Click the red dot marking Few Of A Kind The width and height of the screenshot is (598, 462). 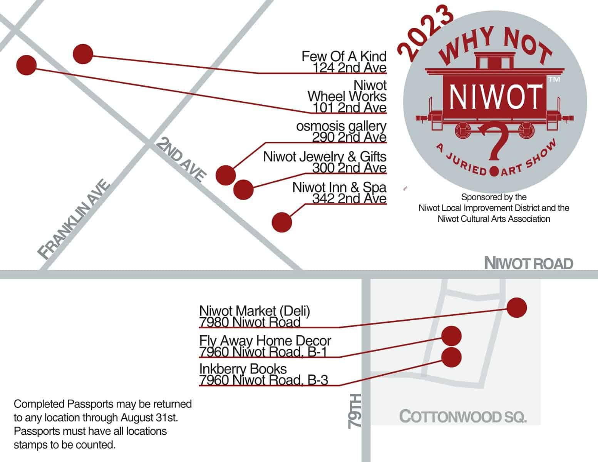tap(83, 54)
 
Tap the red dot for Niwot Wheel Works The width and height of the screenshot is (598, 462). tap(27, 65)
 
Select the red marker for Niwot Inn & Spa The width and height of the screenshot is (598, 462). tap(281, 222)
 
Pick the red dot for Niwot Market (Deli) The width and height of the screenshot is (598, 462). tap(516, 308)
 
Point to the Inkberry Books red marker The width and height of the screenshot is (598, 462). tap(451, 357)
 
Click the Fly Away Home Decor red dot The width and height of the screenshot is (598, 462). tap(451, 336)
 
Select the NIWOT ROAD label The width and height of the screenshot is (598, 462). tap(528, 264)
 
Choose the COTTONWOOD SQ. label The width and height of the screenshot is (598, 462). tap(462, 417)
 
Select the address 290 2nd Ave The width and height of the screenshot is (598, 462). tap(349, 137)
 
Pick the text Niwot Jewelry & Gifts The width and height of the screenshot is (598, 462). tap(325, 157)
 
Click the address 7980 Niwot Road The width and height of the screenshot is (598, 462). tap(250, 322)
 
